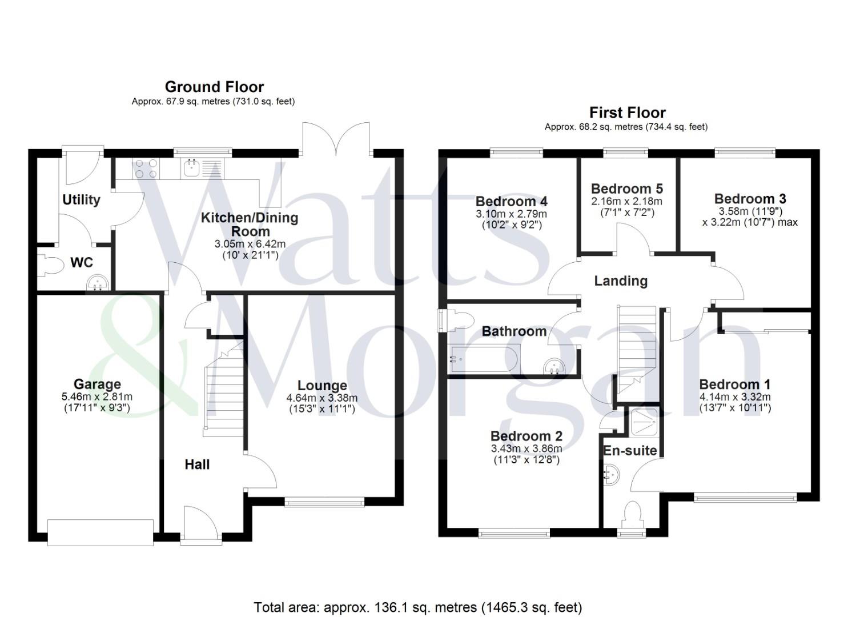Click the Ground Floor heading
[x=214, y=87]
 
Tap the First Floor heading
[x=627, y=113]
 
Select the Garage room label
[x=97, y=384]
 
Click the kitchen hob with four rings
[x=146, y=168]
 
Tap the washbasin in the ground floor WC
[x=98, y=283]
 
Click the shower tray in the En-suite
[x=643, y=422]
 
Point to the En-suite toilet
[x=633, y=512]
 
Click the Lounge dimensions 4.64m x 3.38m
[x=322, y=398]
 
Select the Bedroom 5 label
[x=626, y=189]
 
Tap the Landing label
[x=621, y=281]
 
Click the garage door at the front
[x=101, y=532]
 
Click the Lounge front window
[x=324, y=502]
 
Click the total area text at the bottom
[x=417, y=607]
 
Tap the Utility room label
[x=81, y=200]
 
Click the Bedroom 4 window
[x=516, y=152]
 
